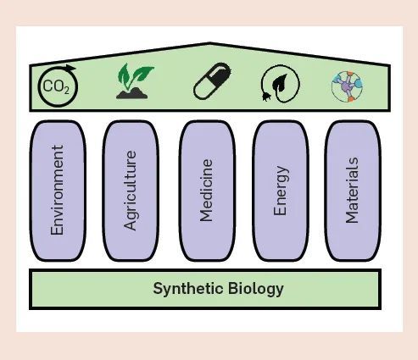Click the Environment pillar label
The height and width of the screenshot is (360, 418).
pos(58,190)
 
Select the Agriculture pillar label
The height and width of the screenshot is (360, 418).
pos(131,190)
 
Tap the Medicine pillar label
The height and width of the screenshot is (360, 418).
pos(206,190)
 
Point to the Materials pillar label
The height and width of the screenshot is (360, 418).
pos(352,190)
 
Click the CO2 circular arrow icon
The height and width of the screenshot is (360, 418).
pos(57,86)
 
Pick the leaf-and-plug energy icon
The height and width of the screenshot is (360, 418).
pos(280,85)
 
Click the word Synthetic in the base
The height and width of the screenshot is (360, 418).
pos(187,289)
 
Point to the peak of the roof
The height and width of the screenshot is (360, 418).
pos(209,44)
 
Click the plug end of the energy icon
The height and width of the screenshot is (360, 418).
pos(266,95)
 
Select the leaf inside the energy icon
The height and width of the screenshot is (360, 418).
pos(282,83)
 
